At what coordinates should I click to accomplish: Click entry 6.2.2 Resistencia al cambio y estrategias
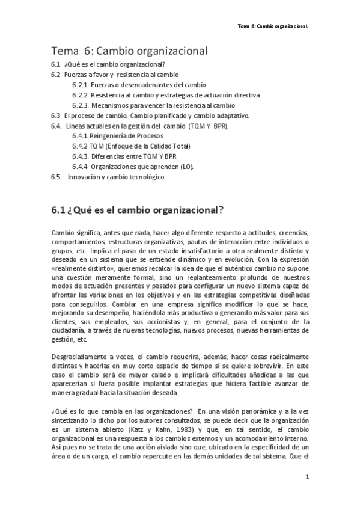[x=165, y=95]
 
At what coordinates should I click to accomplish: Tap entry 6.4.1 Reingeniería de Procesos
[x=118, y=136]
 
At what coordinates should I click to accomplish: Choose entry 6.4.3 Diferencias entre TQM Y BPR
[x=120, y=156]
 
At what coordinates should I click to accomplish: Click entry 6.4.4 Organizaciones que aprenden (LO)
[x=132, y=167]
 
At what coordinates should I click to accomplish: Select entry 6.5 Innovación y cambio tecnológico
[x=108, y=177]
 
